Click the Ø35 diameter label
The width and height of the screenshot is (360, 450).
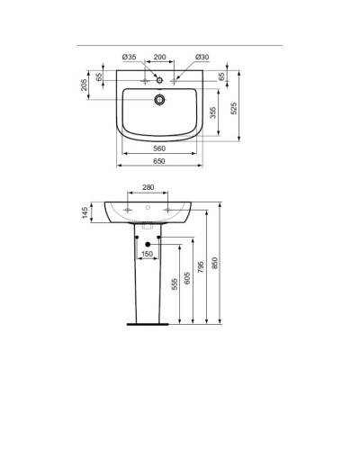click(x=130, y=57)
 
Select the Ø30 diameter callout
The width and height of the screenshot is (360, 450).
click(x=202, y=57)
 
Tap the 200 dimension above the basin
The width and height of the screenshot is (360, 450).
click(x=160, y=57)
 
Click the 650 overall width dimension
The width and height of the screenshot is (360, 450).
click(x=159, y=161)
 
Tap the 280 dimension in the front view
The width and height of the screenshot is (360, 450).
click(x=148, y=188)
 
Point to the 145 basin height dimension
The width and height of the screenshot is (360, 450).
click(x=84, y=211)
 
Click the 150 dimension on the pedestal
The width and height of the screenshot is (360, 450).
click(x=146, y=254)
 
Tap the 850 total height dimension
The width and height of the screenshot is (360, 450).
click(x=213, y=263)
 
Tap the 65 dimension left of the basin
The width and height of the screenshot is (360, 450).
click(x=99, y=78)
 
